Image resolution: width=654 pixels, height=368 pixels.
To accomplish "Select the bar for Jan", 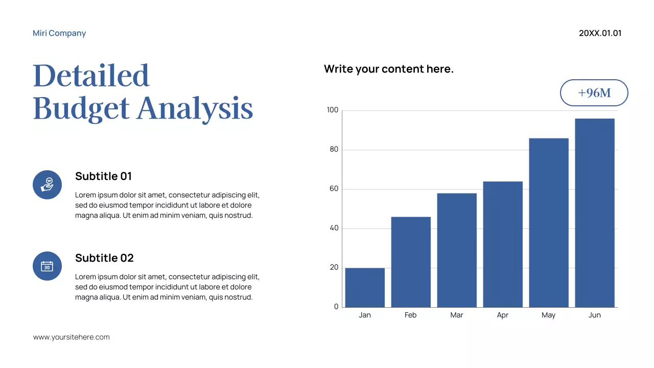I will click(365, 287).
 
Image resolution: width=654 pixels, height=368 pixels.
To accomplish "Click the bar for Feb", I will click(411, 262).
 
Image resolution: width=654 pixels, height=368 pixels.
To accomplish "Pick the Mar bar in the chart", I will click(457, 250).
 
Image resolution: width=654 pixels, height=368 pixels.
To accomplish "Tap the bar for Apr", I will click(503, 244).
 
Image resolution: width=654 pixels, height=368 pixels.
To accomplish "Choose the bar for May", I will click(549, 222).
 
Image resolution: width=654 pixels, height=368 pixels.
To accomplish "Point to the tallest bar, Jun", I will click(595, 213).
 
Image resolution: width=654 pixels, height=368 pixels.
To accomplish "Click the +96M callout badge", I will click(594, 93).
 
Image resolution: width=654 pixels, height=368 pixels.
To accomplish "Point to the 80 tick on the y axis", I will click(334, 150).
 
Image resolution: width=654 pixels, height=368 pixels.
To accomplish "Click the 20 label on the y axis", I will click(334, 267).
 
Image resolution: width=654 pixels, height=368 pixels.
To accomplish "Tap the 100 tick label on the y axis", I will click(332, 110).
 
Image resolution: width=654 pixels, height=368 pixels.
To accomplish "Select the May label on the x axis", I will click(548, 315).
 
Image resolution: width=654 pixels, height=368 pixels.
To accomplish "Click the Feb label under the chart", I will click(410, 315).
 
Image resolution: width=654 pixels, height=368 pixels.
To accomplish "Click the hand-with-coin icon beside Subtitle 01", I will click(47, 185).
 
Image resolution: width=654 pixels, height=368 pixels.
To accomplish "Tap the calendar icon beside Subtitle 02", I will click(47, 266).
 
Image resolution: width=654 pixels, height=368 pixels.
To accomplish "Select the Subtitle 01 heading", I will click(103, 176).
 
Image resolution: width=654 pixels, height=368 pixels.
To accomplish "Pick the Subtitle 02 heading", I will click(104, 258).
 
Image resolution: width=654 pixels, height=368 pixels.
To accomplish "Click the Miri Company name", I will click(59, 33).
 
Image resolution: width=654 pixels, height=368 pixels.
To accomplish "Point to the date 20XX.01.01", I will click(600, 33).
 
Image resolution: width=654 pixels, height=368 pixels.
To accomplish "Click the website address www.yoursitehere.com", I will click(72, 337).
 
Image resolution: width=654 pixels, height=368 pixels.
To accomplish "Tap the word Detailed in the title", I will click(91, 75).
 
